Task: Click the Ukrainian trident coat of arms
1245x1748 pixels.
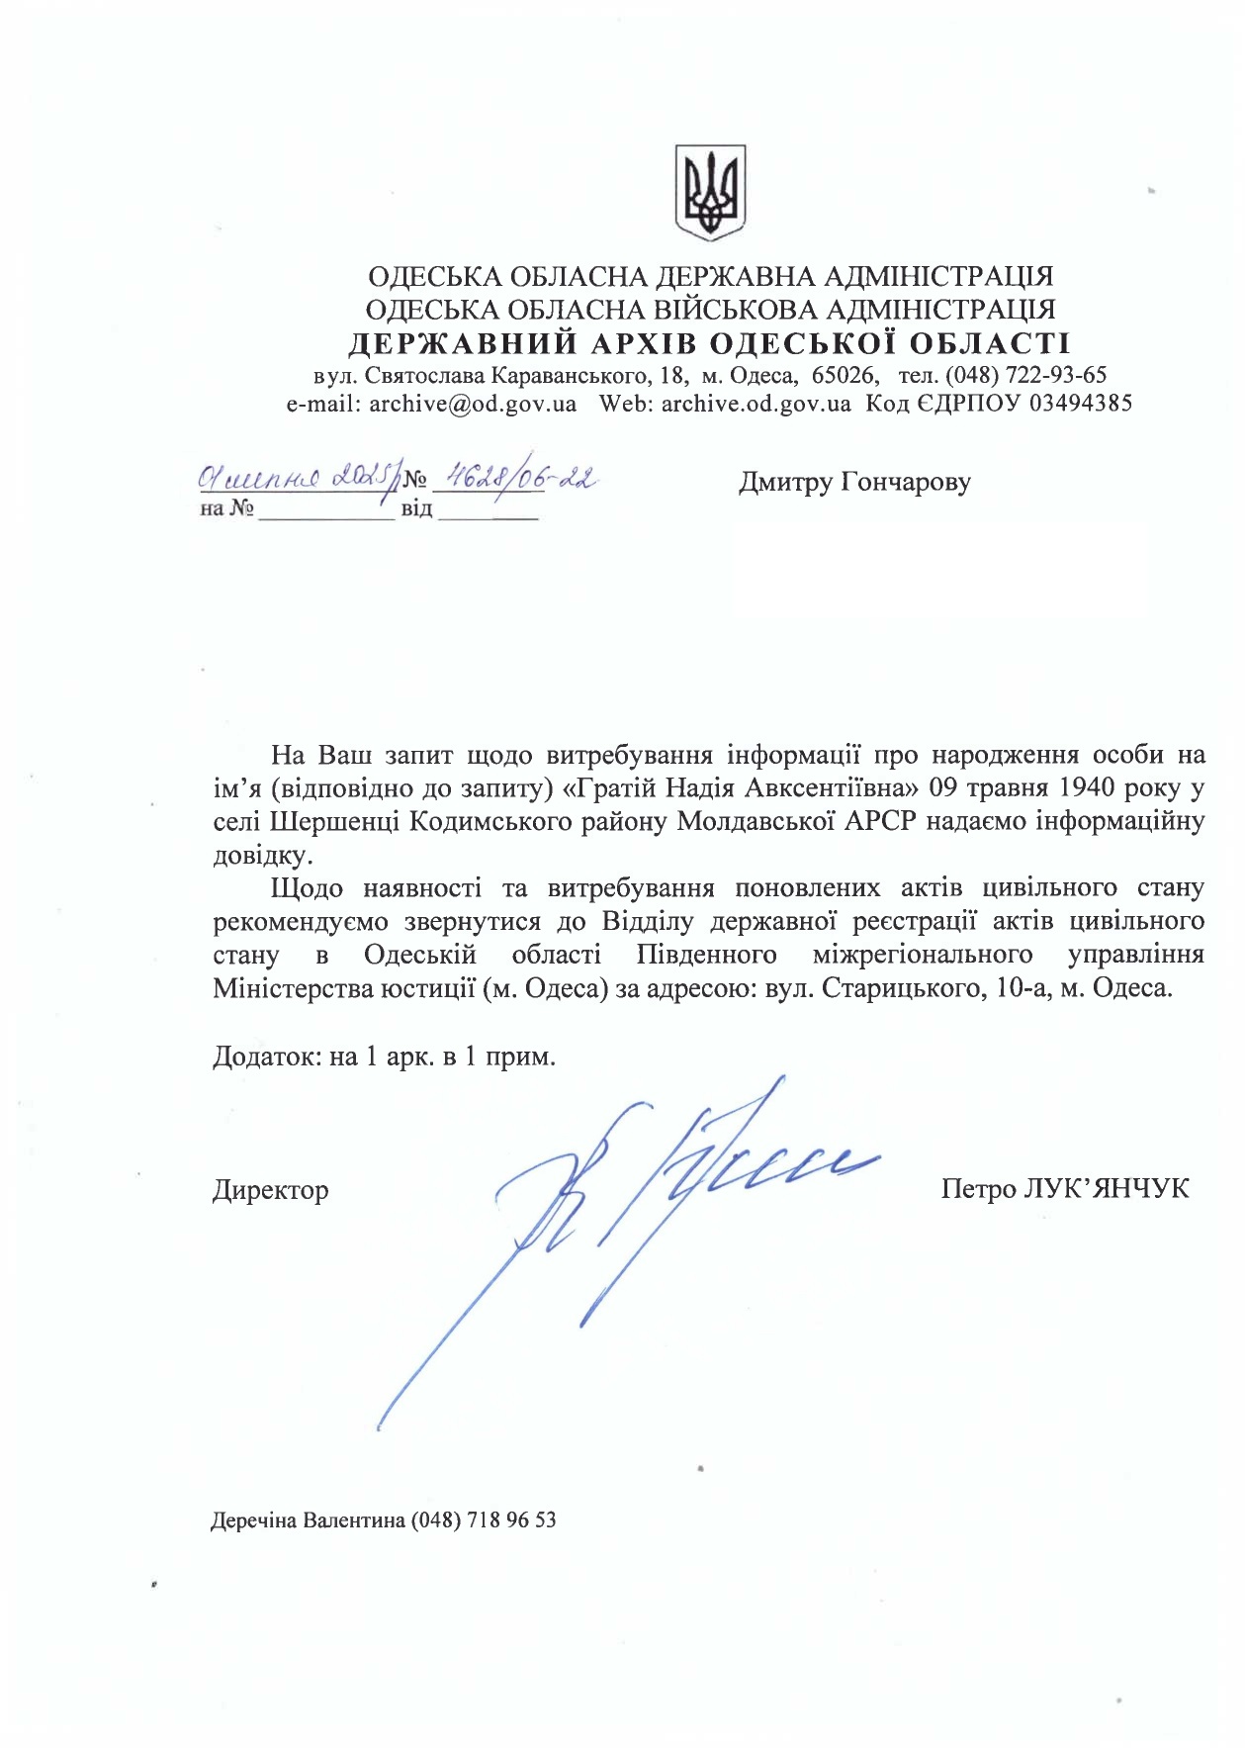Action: coord(710,192)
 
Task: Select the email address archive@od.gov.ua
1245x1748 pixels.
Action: coord(473,404)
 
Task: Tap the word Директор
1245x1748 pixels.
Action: coord(270,1189)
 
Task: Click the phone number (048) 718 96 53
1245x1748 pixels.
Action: coord(484,1519)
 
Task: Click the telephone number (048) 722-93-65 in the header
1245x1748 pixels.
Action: coord(1024,376)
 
